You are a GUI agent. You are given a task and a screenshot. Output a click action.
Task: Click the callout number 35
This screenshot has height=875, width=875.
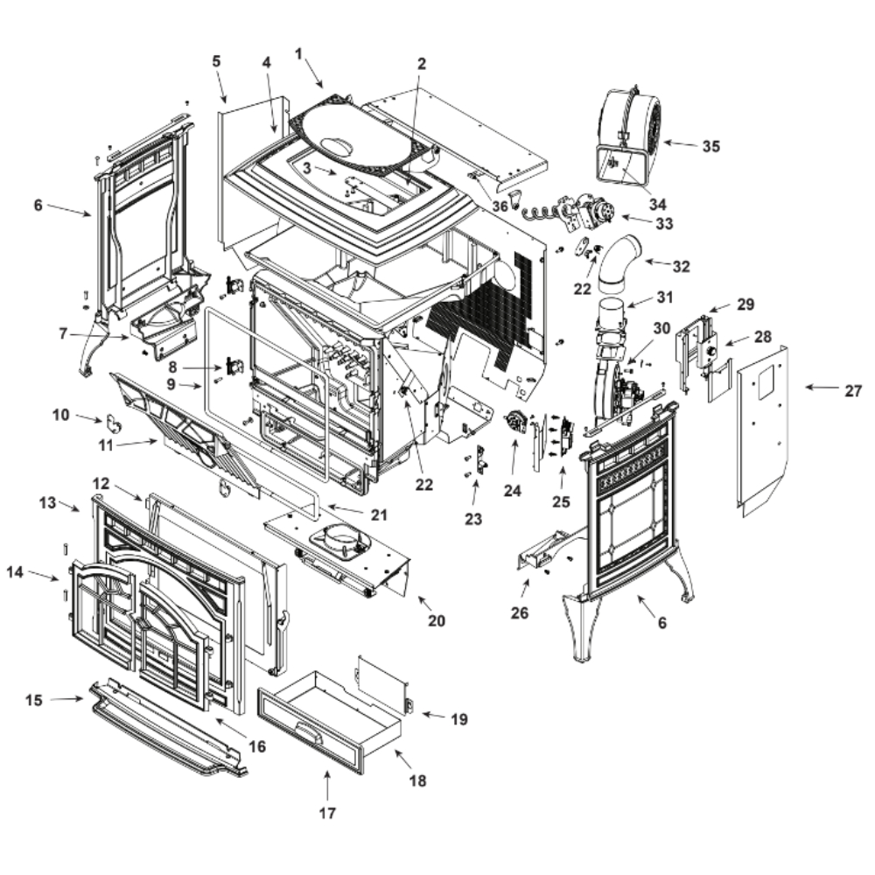(711, 146)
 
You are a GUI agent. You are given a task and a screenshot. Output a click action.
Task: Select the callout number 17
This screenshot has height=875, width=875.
(326, 813)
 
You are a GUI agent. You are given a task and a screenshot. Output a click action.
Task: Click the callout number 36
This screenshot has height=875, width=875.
(500, 206)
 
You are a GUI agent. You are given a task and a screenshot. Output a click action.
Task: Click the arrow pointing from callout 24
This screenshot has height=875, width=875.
(514, 454)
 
